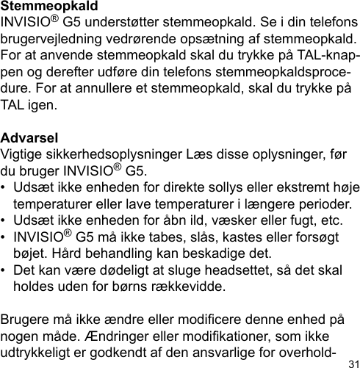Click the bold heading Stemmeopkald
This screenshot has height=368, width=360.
44,6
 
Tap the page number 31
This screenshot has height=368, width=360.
353,363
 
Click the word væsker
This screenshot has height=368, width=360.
228,220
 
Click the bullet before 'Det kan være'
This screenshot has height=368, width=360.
6,270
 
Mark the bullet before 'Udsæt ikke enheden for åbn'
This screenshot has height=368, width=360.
6,220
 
